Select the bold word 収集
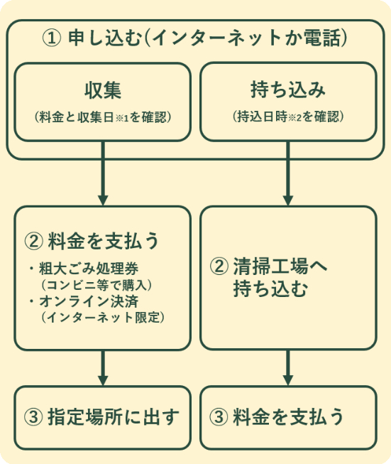click(103, 91)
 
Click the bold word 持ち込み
click(288, 91)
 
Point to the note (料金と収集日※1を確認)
click(103, 117)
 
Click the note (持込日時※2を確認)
click(288, 117)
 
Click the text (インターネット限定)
click(103, 317)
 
